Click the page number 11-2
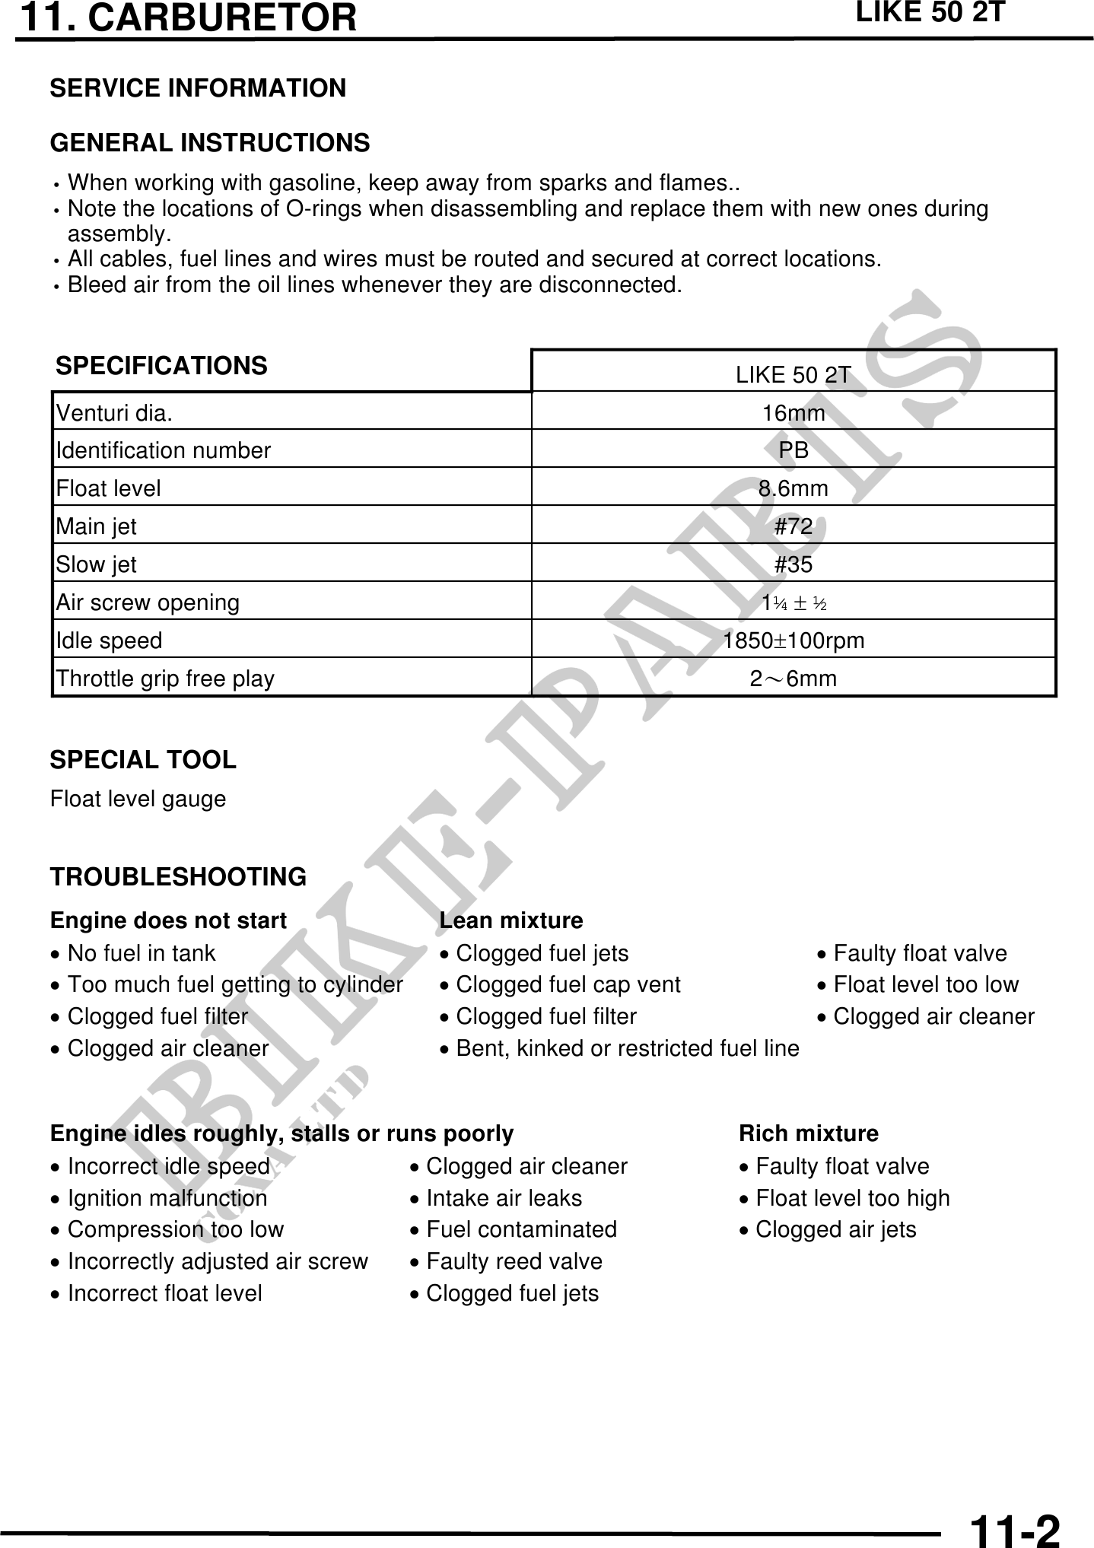1015,1530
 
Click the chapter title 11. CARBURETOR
188,18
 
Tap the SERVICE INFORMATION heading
198,88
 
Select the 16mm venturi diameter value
793,413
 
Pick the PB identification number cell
793,450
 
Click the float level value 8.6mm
793,488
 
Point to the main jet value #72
793,526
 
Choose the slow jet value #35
793,564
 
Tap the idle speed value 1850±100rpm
793,640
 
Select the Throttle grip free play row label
165,679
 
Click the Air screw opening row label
148,602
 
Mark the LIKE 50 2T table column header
793,375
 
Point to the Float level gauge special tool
138,799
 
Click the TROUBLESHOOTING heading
178,876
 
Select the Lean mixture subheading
511,920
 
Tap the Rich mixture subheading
809,1133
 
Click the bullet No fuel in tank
142,953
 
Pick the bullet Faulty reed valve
514,1261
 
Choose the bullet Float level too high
853,1198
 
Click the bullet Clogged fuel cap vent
568,984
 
